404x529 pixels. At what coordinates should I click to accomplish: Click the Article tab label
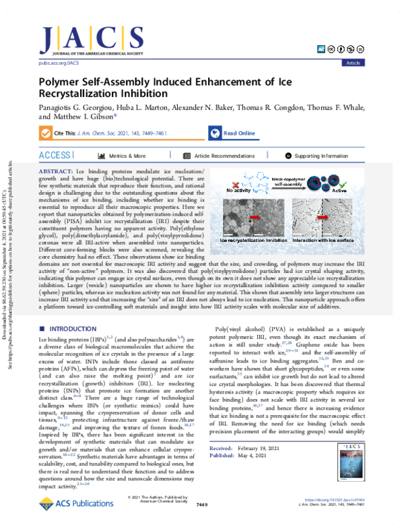(x=352, y=62)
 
